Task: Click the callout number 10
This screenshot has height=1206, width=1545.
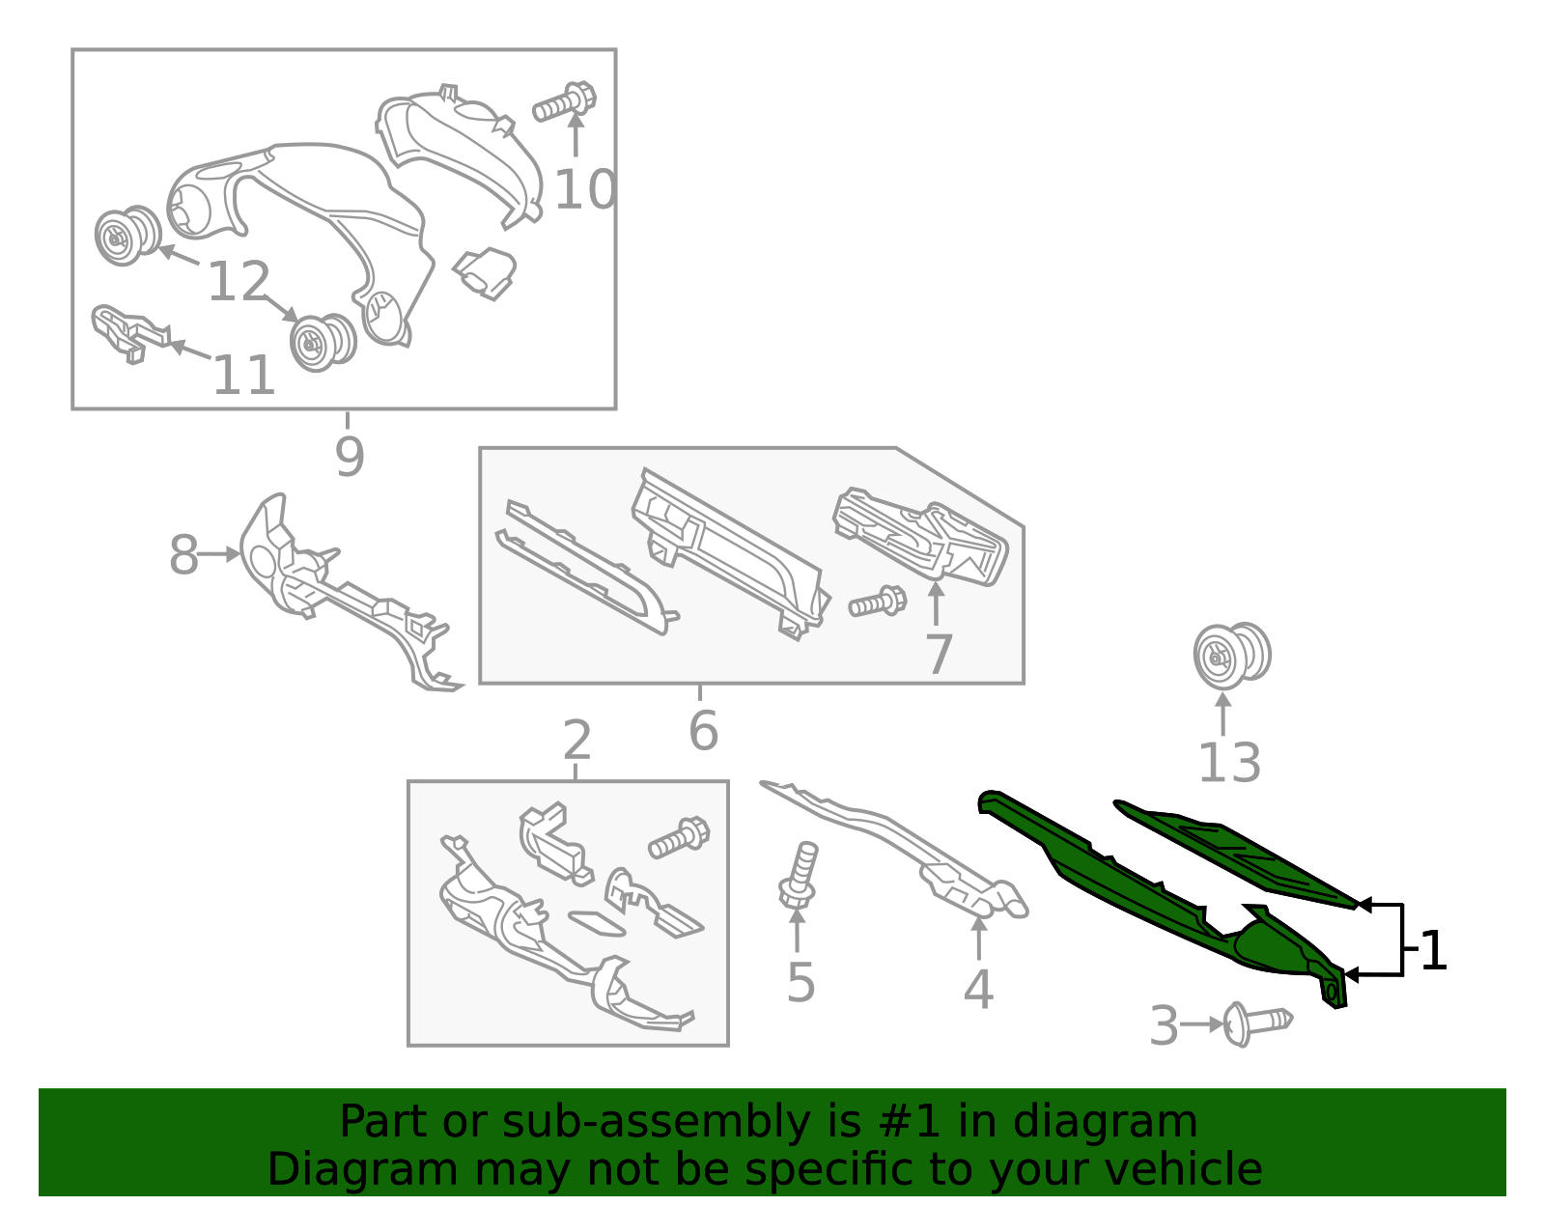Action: pos(585,189)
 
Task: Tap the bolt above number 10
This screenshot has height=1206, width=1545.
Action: pos(565,101)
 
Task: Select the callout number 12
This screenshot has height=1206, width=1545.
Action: pos(239,282)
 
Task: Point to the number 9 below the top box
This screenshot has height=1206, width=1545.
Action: pos(350,457)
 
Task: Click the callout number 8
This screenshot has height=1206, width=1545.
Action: pos(183,555)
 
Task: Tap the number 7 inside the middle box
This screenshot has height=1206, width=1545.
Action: pos(939,655)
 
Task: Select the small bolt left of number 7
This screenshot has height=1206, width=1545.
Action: pos(877,603)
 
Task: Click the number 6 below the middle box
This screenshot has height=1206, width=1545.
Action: pos(703,731)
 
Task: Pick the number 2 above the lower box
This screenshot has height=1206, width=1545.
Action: pos(576,741)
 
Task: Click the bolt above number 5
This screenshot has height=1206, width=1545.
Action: pos(800,875)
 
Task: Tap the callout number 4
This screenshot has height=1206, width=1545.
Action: pos(978,989)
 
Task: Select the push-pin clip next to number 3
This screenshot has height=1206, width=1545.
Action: pos(1256,1023)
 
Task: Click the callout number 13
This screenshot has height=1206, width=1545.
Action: pos(1229,763)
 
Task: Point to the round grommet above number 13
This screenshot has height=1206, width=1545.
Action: pos(1230,655)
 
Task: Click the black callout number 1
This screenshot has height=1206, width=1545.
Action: pos(1434,951)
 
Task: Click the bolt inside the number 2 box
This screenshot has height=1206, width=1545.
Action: pos(679,836)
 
